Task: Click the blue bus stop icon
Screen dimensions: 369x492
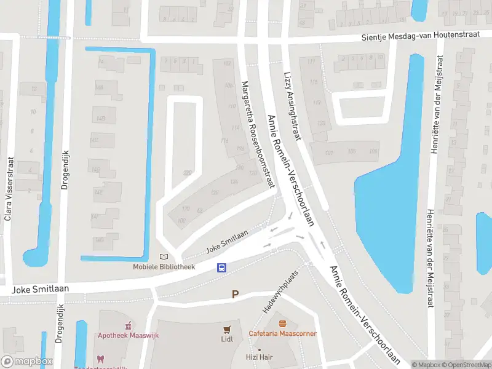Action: (x=222, y=268)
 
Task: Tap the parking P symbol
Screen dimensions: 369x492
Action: (x=234, y=295)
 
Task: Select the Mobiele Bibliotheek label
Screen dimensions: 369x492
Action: (x=164, y=267)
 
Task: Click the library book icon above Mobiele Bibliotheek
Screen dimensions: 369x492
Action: (x=163, y=256)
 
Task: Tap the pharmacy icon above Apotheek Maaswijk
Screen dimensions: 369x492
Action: (x=128, y=325)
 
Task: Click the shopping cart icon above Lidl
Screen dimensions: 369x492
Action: (x=228, y=329)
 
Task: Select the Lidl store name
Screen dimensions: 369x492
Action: (x=228, y=339)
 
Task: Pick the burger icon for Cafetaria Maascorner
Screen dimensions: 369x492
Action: (x=282, y=323)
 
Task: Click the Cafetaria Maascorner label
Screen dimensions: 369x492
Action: (x=282, y=334)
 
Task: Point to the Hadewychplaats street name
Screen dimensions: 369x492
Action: (x=280, y=292)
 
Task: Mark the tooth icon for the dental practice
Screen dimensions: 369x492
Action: (x=100, y=359)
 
